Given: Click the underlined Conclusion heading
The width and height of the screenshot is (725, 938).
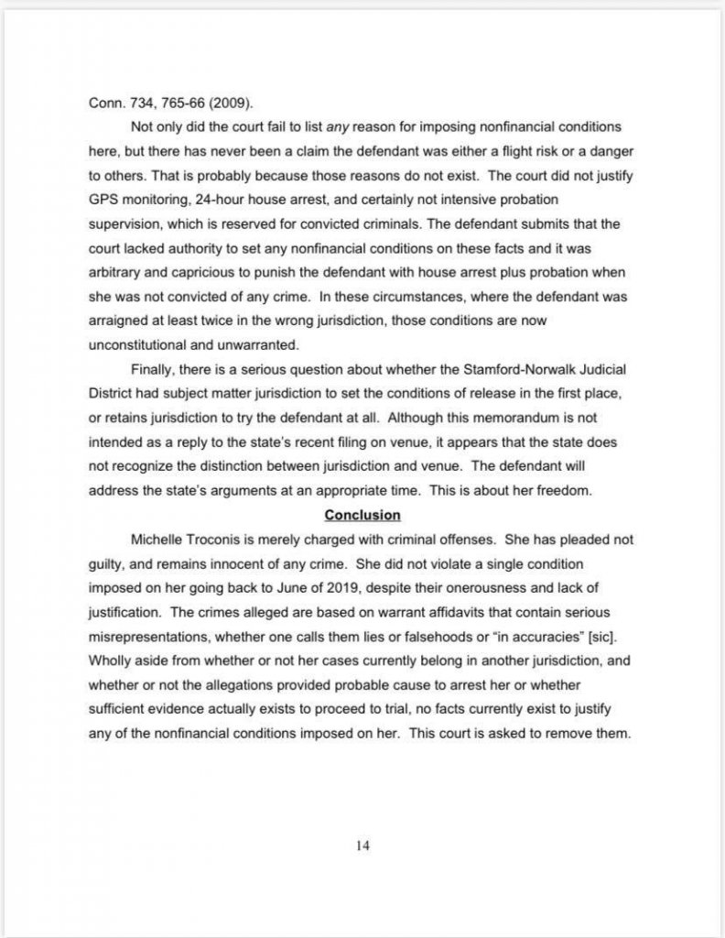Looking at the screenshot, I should (x=362, y=515).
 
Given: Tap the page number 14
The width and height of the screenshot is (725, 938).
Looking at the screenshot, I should (x=362, y=845).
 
